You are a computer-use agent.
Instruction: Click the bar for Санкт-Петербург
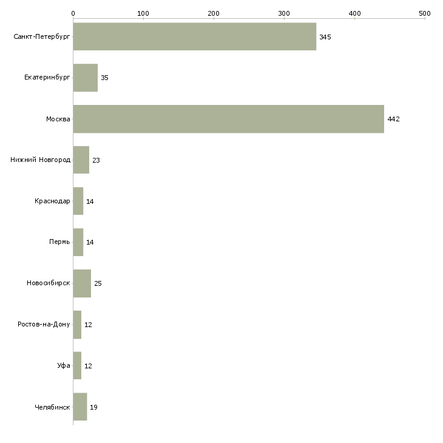coord(194,36)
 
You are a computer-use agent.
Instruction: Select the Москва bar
coord(228,119)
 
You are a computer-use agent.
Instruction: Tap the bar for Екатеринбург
coord(85,78)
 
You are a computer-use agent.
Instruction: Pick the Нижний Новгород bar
coord(81,160)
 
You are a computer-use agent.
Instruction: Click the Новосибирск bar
coord(82,283)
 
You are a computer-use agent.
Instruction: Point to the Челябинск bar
coord(79,407)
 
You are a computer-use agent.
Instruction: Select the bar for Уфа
coord(77,366)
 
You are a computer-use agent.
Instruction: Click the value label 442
coord(393,120)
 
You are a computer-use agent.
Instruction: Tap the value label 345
coord(325,37)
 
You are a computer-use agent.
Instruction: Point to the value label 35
coord(104,78)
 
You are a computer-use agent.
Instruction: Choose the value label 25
coord(98,284)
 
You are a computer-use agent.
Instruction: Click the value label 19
coord(93,407)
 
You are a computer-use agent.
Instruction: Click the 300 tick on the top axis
coord(284,13)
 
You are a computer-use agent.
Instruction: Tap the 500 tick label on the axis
coord(425,13)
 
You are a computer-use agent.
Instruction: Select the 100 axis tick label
coord(143,13)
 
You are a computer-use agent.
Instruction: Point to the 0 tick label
coord(73,13)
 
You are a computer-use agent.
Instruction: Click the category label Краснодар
coord(52,201)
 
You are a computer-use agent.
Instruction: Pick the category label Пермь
coord(59,243)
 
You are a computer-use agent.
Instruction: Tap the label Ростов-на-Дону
coord(44,325)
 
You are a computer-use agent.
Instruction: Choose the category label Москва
coord(58,119)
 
